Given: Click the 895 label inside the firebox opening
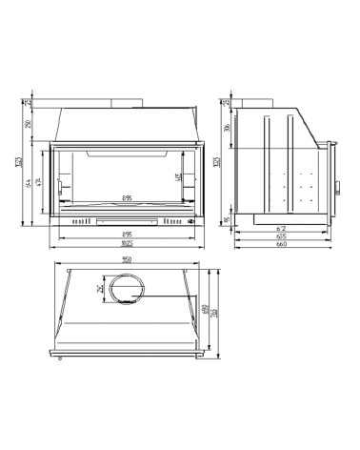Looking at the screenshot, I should (x=127, y=199).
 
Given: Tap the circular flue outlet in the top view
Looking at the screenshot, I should (x=126, y=288).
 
